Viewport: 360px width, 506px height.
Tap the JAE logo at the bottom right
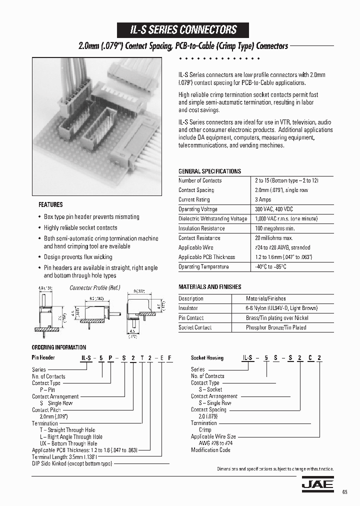[x=317, y=483]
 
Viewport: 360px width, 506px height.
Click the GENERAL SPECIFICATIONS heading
[x=209, y=171]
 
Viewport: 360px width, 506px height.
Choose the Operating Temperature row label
[x=203, y=266]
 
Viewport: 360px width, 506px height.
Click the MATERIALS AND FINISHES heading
[x=210, y=287]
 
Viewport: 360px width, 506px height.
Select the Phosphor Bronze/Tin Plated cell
[x=276, y=327]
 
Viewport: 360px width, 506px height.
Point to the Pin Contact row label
[x=191, y=318]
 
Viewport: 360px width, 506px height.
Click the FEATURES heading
[x=50, y=204]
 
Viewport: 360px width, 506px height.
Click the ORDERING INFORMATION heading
[x=59, y=347]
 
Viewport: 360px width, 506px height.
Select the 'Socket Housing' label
[x=207, y=358]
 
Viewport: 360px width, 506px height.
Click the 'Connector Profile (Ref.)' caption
[x=94, y=288]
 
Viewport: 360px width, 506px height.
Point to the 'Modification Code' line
[x=210, y=450]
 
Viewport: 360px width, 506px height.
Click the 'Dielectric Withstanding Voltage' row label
[x=212, y=218]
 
